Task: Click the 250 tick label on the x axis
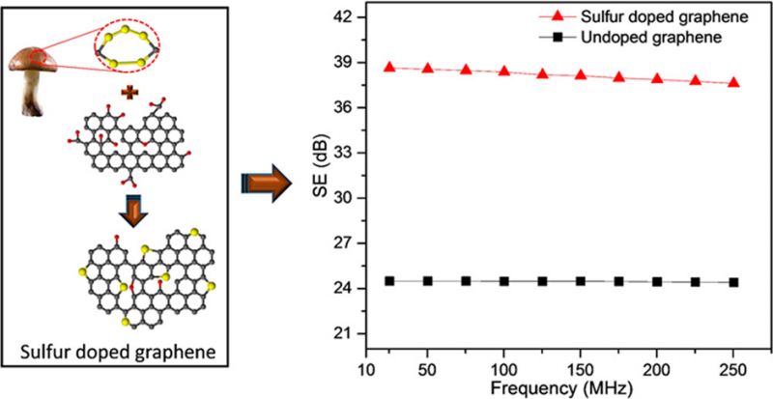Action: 733,372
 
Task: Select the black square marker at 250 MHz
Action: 733,282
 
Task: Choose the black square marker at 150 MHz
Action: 581,281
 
